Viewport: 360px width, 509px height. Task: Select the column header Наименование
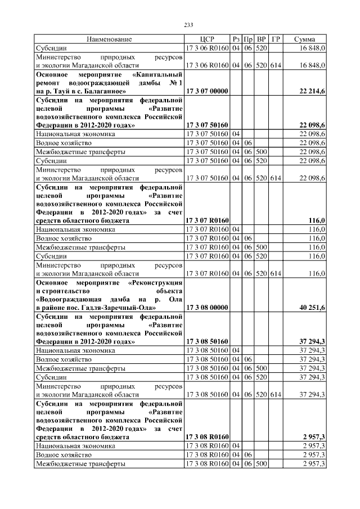[109, 39]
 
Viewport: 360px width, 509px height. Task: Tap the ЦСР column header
[207, 39]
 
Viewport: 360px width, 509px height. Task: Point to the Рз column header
[236, 39]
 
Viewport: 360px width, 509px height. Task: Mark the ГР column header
[275, 39]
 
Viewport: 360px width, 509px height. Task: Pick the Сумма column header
[308, 39]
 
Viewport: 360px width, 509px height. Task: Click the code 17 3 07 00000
[206, 91]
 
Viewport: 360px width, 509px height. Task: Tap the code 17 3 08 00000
[206, 308]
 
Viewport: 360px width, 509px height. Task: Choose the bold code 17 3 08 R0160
[206, 436]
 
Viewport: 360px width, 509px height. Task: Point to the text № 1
[177, 82]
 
